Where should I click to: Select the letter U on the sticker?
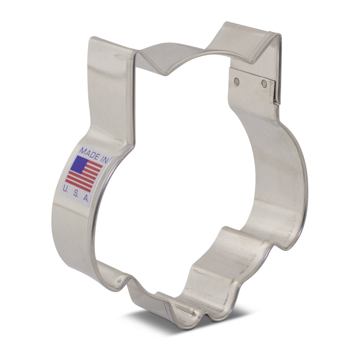tap(65, 189)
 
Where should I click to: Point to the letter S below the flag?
tap(75, 193)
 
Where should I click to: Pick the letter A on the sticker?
tap(86, 197)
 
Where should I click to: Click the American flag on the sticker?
tap(84, 174)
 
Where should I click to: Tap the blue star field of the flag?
tap(79, 165)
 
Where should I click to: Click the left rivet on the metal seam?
tap(236, 81)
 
